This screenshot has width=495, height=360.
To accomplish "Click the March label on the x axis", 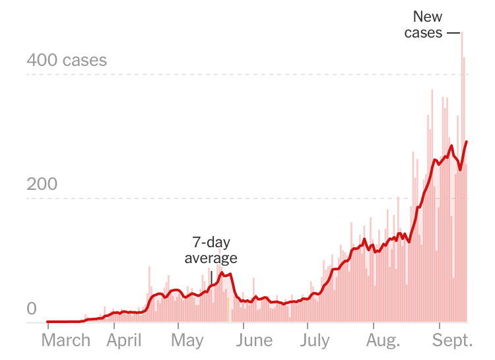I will pos(65,341).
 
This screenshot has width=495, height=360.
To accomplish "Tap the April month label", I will pos(125,341).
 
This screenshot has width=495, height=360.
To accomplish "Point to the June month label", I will pos(254,341).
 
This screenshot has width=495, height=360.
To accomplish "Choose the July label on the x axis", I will pos(315,341).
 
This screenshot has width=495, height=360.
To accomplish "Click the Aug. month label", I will pos(383,341).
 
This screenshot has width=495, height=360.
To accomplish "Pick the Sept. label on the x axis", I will pos(452,341).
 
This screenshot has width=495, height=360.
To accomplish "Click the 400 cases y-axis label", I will pos(66,61).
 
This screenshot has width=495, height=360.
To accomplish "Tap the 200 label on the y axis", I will pos(42,184).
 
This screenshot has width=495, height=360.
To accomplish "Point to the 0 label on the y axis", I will pos(31,309).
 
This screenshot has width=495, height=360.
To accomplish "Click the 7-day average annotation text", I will pos(211,250).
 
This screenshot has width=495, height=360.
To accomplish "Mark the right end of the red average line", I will pos(467,142).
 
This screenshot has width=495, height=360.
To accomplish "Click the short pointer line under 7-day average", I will pos(211,277).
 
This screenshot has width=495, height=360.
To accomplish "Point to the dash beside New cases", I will pos(453,32).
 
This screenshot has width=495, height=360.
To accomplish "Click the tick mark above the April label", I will pos(114,326).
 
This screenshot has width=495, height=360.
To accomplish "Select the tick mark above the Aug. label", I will pos(374,326).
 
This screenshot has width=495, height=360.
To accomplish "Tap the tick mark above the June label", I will pos(244,326).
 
